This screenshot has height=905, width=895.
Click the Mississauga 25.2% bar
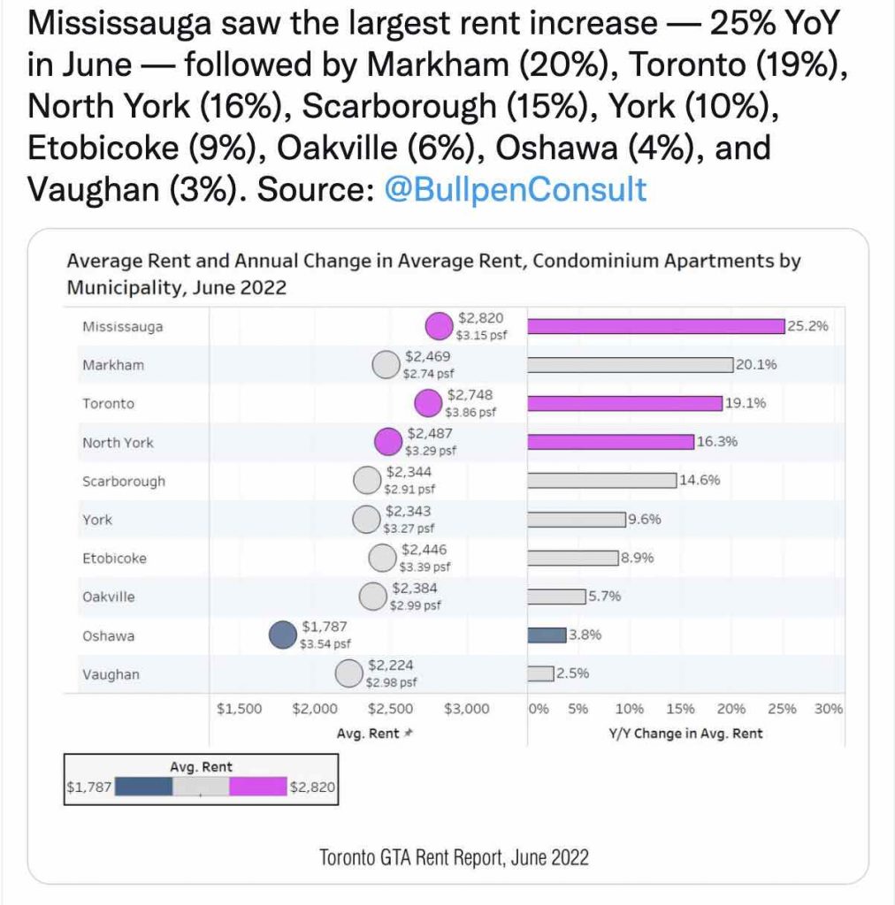pyautogui.click(x=656, y=326)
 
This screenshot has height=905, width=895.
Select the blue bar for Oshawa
pyautogui.click(x=546, y=635)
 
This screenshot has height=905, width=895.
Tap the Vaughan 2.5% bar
pyautogui.click(x=540, y=673)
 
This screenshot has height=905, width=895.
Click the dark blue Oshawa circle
pyautogui.click(x=282, y=635)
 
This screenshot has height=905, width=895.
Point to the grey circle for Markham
pyautogui.click(x=385, y=364)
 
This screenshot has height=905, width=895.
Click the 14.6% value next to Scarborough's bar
pyautogui.click(x=700, y=481)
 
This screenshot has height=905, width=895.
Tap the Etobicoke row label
pyautogui.click(x=114, y=559)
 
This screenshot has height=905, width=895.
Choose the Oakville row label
pyautogui.click(x=109, y=597)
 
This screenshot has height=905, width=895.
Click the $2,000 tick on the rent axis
pyautogui.click(x=314, y=709)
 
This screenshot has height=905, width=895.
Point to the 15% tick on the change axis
pyautogui.click(x=679, y=709)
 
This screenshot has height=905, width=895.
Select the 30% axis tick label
pyautogui.click(x=829, y=709)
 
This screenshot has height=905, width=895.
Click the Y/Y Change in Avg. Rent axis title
pyautogui.click(x=685, y=734)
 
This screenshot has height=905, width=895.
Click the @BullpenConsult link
pyautogui.click(x=516, y=189)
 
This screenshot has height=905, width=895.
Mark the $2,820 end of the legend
pyautogui.click(x=312, y=787)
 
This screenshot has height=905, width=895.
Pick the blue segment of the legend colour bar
pyautogui.click(x=143, y=787)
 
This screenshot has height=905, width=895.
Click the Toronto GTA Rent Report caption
pyautogui.click(x=454, y=856)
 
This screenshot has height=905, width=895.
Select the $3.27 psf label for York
pyautogui.click(x=408, y=529)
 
